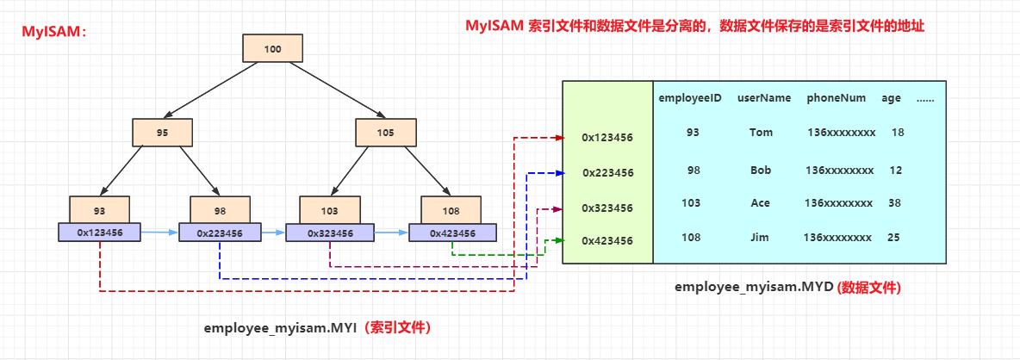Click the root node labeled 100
pos(272,49)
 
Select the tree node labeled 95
pos(162,133)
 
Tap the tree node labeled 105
pos(385,133)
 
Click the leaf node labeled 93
pos(99,210)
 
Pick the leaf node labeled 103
pos(329,210)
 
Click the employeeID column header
pos(690,98)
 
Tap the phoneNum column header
pos(836,98)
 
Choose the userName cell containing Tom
pos(761,133)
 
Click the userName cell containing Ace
pos(760,203)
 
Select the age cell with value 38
pos(894,203)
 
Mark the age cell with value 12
pos(896,171)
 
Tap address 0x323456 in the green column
pos(607,208)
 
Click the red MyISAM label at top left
pos(54,33)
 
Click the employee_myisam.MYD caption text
pos(754,288)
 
